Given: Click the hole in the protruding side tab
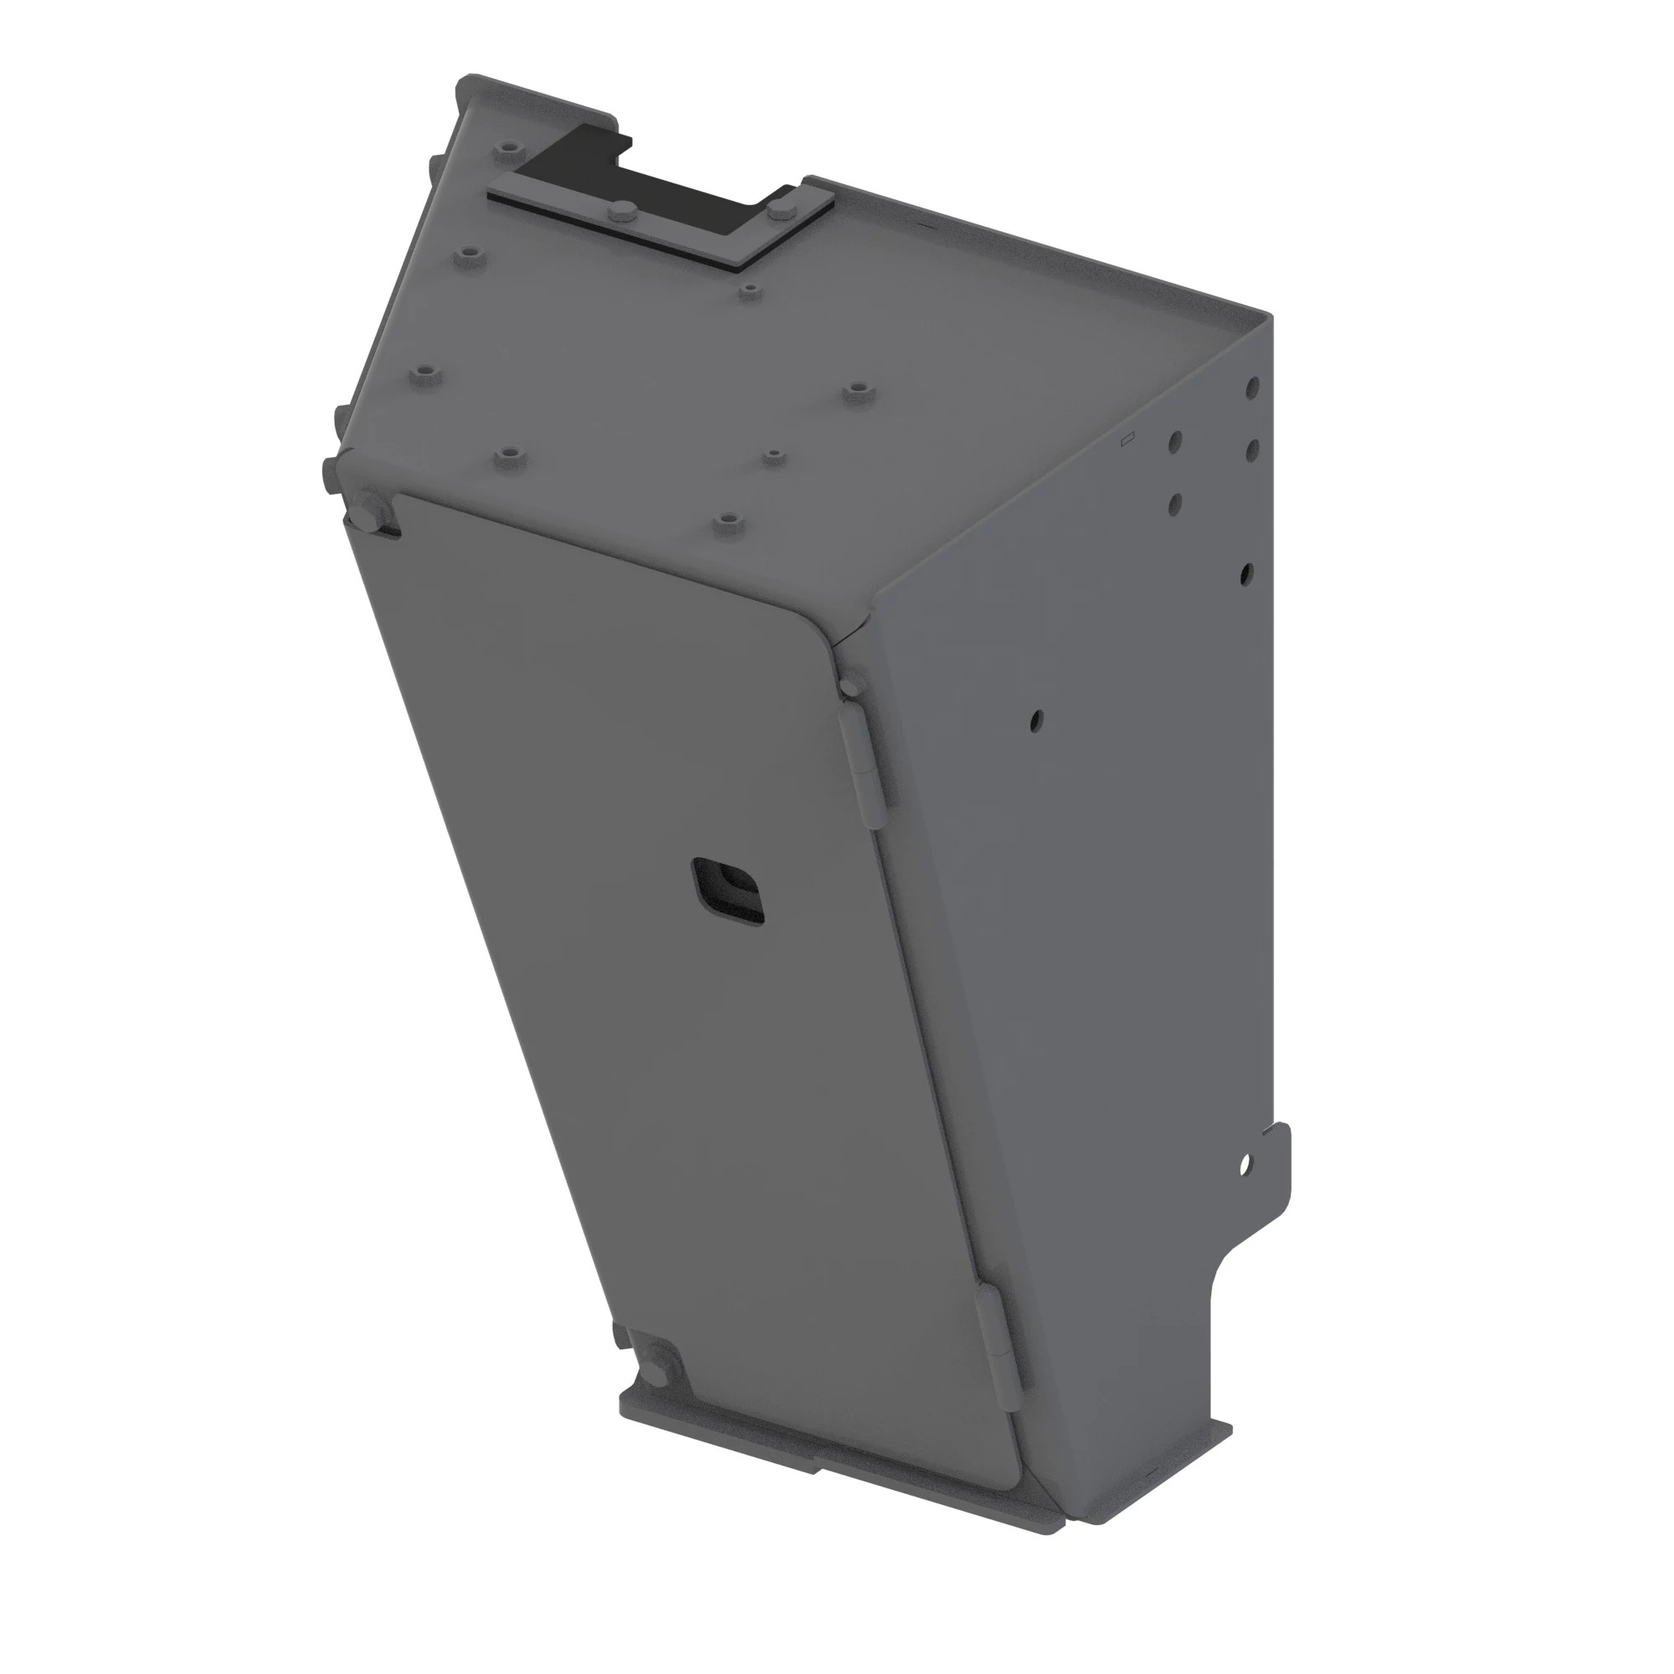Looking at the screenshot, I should (1245, 1165).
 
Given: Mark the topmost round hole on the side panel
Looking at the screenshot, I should (1253, 386).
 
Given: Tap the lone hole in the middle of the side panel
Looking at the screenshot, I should (1037, 719).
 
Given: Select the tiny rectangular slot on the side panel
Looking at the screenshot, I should (1127, 440).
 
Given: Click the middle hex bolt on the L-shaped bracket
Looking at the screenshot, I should (623, 213).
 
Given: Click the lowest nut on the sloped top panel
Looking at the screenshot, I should (726, 521).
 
